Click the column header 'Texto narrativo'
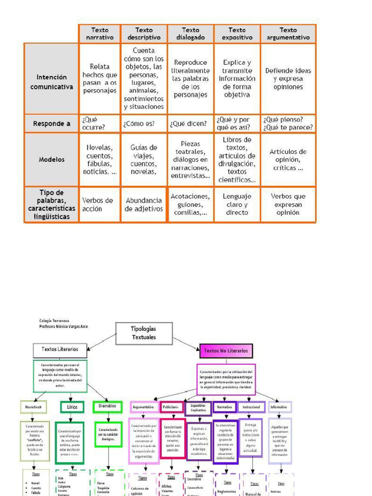click(100, 33)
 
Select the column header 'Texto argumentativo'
click(288, 33)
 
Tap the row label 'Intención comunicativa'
click(52, 82)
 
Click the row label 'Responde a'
click(52, 124)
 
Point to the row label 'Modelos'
click(52, 159)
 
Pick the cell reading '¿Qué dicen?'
click(190, 124)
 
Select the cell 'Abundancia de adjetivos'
click(144, 204)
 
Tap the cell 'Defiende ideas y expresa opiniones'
click(288, 78)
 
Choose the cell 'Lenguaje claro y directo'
click(237, 204)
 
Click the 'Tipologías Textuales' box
click(144, 333)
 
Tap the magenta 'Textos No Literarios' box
click(226, 350)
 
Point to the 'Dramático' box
click(108, 406)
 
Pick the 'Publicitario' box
click(171, 407)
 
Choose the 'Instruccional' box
click(252, 407)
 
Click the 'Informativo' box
click(279, 407)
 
